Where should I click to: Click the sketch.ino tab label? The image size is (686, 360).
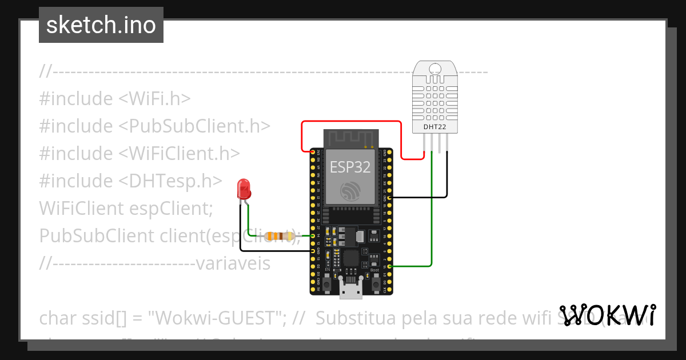click(101, 25)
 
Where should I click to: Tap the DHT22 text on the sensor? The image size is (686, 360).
click(435, 126)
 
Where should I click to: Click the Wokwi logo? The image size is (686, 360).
click(607, 315)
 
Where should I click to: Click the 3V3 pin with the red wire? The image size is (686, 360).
click(313, 151)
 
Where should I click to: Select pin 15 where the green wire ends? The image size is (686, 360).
click(389, 266)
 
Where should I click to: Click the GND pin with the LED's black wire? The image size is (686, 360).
click(313, 251)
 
